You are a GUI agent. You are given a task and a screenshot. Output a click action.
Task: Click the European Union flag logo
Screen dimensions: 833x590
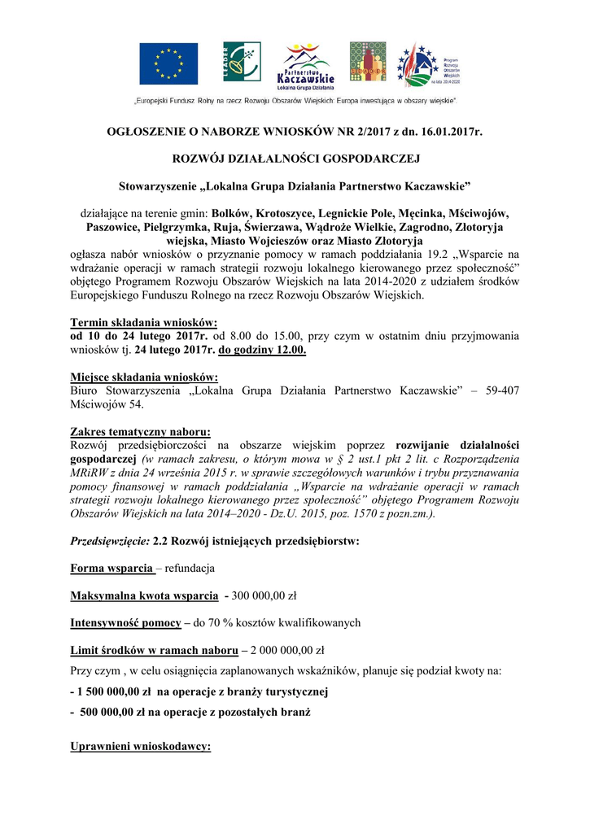[x=168, y=63]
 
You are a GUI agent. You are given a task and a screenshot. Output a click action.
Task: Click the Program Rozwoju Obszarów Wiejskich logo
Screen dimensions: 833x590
[x=428, y=64]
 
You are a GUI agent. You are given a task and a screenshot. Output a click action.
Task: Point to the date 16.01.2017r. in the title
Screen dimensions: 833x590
[x=448, y=131]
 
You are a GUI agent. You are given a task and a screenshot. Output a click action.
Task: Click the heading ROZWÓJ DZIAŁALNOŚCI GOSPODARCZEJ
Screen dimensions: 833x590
[x=295, y=157]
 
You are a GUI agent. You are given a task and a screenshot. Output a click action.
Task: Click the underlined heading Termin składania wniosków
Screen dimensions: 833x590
[x=144, y=321]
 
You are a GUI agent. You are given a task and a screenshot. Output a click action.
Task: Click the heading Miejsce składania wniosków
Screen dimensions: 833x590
[x=144, y=377]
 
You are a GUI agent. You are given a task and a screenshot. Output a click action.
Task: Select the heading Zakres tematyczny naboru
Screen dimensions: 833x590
[x=141, y=431]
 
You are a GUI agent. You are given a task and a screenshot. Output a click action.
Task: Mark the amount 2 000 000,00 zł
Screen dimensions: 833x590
[x=282, y=650]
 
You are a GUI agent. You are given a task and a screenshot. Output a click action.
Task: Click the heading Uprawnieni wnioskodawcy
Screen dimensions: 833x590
[x=141, y=745]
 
